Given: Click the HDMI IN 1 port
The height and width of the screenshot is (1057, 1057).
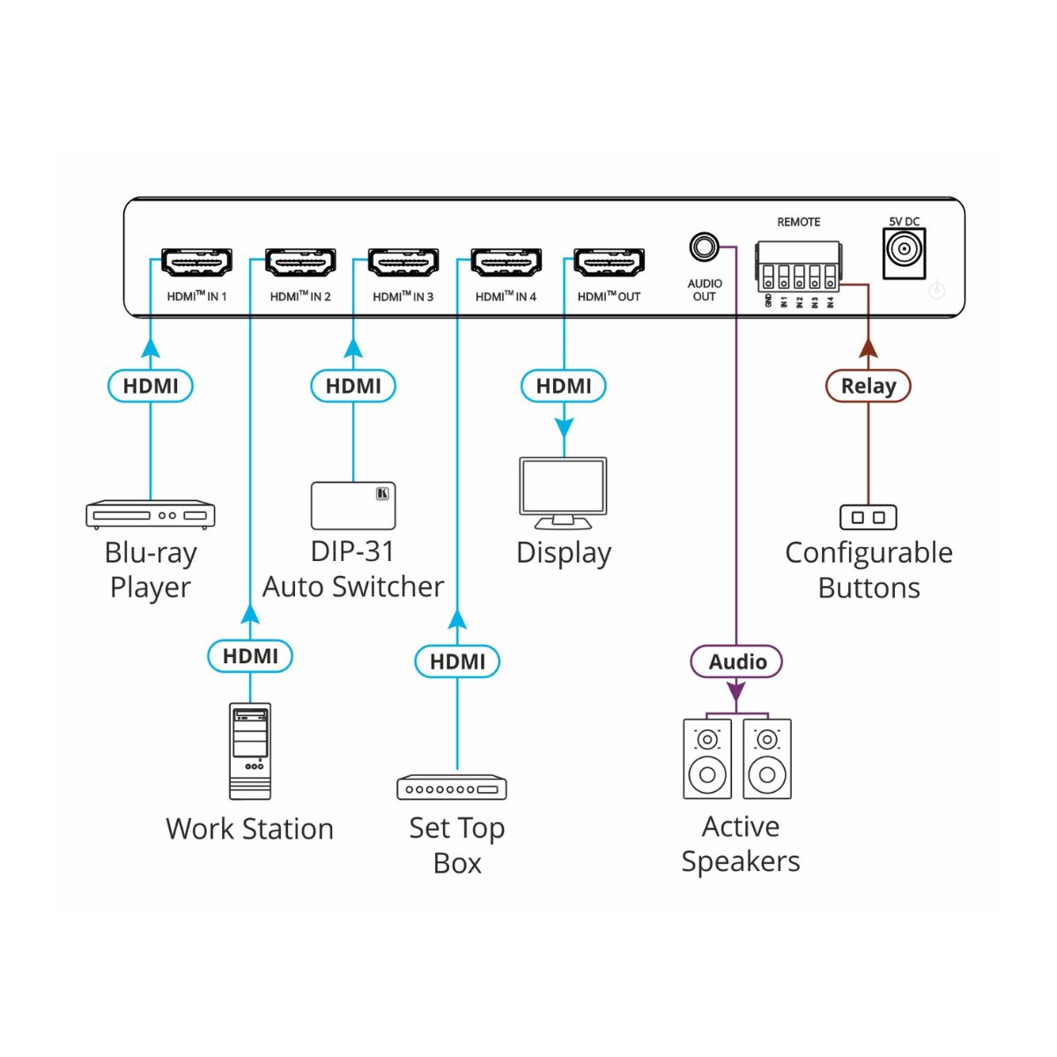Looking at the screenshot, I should [x=196, y=262].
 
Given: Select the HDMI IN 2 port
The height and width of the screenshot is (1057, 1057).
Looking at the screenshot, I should [x=300, y=262].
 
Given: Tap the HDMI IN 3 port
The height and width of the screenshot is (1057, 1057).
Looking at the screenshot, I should [x=403, y=262].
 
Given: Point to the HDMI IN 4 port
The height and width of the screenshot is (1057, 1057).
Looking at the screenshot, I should [x=506, y=262].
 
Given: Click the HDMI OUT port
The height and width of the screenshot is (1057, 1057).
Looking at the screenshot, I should [x=609, y=262].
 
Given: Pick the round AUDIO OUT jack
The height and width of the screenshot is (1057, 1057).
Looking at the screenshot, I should [x=703, y=247].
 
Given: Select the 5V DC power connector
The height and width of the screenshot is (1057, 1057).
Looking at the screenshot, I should [x=904, y=252].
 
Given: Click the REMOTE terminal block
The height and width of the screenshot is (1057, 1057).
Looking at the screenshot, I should [x=798, y=267].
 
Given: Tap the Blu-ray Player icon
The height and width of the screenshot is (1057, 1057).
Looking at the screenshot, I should [x=151, y=514].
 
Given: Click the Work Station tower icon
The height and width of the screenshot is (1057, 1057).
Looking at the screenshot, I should [x=250, y=750].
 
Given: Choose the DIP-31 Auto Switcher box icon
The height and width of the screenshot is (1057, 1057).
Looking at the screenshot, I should [x=353, y=506].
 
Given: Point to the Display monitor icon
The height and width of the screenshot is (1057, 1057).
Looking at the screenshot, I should [x=564, y=492].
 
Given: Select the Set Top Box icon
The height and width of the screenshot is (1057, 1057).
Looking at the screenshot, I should [x=452, y=787].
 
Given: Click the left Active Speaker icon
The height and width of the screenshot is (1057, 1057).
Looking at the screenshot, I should [x=707, y=758].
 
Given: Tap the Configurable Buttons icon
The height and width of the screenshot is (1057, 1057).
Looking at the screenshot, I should [x=869, y=517].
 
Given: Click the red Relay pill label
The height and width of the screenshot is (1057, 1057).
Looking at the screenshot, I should [x=869, y=386].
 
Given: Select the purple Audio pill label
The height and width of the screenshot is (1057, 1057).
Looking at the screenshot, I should [x=737, y=662].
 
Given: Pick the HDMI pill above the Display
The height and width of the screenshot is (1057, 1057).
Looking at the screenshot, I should [x=564, y=386].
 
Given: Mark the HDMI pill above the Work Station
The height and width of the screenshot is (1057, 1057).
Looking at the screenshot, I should [x=250, y=656].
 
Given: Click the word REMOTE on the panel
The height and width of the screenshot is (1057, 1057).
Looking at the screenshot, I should [x=798, y=222].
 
